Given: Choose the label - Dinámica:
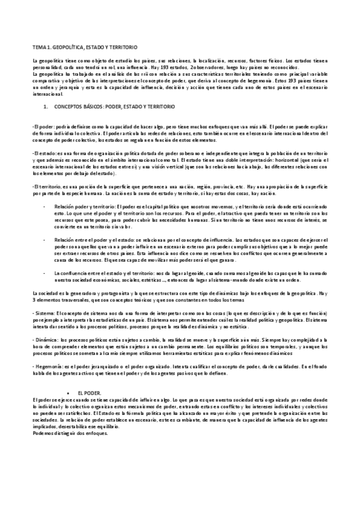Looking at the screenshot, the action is pyautogui.click(x=47, y=340).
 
